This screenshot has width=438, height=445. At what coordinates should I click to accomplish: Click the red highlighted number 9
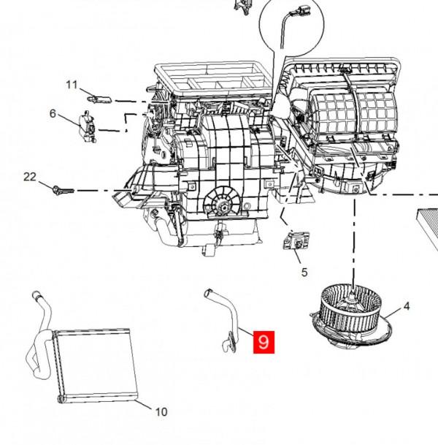coord(264,342)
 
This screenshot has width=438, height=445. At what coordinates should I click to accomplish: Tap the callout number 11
coord(72,85)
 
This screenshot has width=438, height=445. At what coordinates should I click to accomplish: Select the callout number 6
coord(53,113)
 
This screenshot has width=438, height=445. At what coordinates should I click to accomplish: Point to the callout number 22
coord(30,177)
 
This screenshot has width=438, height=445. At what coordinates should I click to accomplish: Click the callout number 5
coord(304,272)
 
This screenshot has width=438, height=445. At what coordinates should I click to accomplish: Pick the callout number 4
coord(407,306)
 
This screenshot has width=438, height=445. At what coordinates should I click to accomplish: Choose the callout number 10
coord(161,411)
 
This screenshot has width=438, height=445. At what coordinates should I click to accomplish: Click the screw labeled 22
coord(64,190)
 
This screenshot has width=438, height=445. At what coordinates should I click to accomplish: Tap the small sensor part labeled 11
coord(99,99)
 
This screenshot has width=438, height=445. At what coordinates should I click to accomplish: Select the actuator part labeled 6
coord(88,127)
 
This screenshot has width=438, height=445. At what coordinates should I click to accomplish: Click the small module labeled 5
coord(296,240)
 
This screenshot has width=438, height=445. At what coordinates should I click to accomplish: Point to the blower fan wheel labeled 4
coord(351,316)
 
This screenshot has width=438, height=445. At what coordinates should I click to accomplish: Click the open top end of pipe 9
coord(208,292)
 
